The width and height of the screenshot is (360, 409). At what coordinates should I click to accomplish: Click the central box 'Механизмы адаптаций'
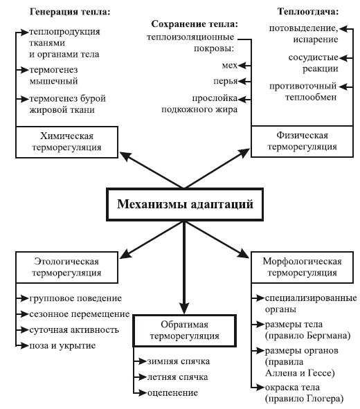[x=185, y=204]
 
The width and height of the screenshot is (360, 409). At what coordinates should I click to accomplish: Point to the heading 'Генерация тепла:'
[x=70, y=12]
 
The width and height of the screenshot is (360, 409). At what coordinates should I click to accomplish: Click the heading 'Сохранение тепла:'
[x=195, y=24]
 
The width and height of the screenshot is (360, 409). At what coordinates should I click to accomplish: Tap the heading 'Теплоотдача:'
[x=308, y=12]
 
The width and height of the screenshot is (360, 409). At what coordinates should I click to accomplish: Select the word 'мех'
[x=230, y=65]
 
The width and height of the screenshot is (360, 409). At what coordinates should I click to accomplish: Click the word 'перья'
[x=226, y=82]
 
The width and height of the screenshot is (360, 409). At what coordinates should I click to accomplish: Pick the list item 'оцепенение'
[x=172, y=392]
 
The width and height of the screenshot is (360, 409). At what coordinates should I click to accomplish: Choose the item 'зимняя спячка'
[x=179, y=361]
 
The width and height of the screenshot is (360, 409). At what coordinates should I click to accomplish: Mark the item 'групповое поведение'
[x=75, y=298]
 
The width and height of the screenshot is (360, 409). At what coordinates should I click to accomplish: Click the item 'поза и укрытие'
[x=62, y=345]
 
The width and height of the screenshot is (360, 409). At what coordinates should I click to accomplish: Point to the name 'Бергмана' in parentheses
[x=327, y=335]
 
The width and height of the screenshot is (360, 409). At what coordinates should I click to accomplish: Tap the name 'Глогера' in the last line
[x=323, y=399]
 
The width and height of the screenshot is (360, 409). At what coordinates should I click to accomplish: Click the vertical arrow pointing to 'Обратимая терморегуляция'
[x=184, y=267]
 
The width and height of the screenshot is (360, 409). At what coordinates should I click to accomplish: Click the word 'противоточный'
[x=303, y=87]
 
